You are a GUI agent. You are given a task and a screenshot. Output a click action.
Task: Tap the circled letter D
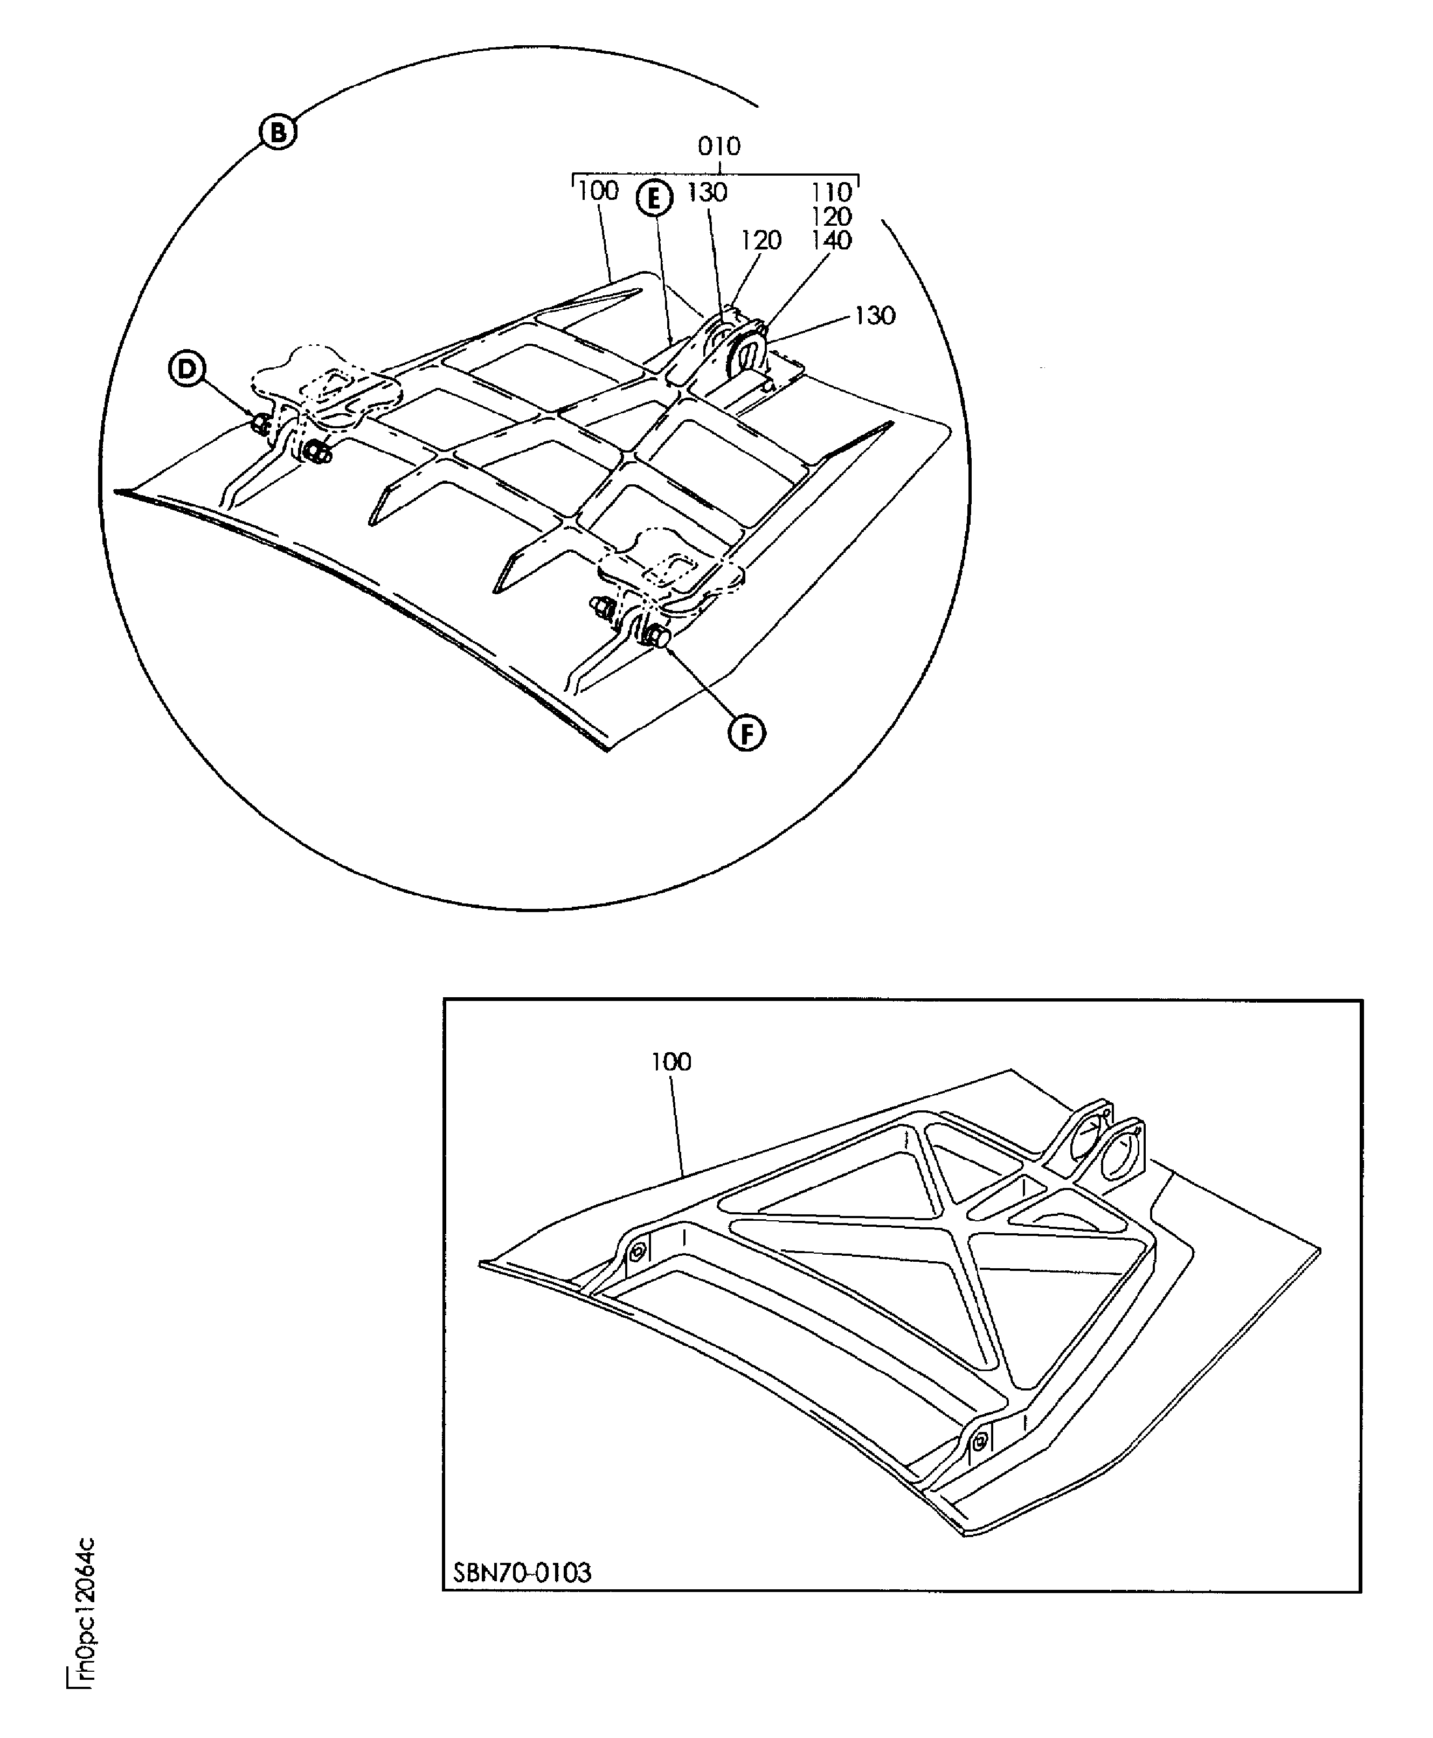[188, 369]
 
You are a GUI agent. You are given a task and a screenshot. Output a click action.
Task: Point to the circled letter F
[746, 733]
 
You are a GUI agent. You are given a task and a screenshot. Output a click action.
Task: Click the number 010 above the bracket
[718, 147]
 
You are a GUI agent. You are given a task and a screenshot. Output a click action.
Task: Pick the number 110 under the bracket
[830, 192]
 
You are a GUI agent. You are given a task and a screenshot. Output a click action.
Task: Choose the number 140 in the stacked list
[830, 240]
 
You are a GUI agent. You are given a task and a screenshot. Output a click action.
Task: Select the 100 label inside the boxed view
[670, 1061]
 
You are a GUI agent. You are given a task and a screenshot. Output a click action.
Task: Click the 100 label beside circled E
[598, 191]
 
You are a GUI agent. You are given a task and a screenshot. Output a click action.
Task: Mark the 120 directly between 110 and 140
[830, 216]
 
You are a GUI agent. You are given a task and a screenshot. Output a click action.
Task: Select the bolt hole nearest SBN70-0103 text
[979, 1443]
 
